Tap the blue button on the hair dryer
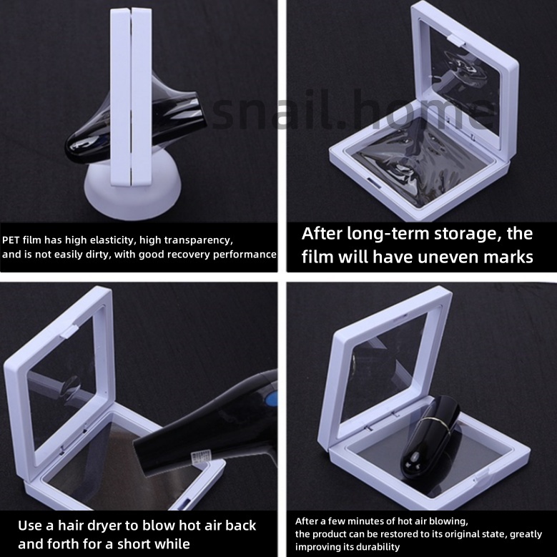coord(271,400)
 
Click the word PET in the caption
coord(11,240)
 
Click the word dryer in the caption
coord(102,526)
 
